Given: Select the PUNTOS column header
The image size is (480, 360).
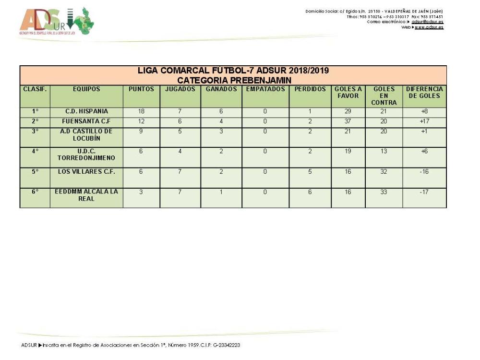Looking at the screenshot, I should [141, 89].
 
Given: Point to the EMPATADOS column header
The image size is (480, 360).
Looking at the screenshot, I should [265, 89].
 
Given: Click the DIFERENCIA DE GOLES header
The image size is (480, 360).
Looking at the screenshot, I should [424, 93].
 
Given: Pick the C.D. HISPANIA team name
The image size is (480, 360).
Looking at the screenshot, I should [86, 111].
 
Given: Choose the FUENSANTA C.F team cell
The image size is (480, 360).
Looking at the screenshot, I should [86, 121].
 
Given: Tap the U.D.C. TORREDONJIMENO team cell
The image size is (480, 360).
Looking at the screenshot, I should [86, 154].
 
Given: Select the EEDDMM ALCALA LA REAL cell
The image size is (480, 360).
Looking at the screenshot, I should [86, 195].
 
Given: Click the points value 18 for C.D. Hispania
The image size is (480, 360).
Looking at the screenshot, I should [141, 111].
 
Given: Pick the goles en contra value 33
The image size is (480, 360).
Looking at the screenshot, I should [384, 192].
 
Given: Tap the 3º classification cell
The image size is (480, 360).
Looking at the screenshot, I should [35, 131].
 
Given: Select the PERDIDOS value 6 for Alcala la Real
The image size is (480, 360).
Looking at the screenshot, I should [310, 192].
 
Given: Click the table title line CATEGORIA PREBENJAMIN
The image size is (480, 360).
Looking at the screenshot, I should [233, 80].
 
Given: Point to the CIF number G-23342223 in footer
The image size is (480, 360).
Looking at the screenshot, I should [224, 345].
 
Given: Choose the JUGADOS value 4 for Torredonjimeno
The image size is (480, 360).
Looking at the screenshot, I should [180, 151].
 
